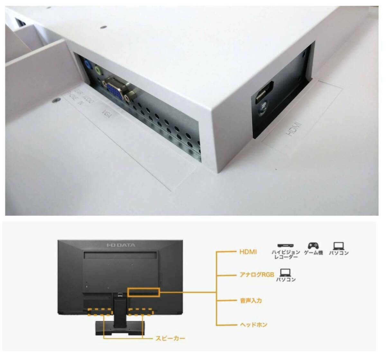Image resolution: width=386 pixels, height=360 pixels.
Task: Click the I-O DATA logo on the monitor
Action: click(121, 245)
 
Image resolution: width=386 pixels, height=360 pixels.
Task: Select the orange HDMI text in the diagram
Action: click(248, 252)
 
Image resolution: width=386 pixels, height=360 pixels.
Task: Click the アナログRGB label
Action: click(257, 275)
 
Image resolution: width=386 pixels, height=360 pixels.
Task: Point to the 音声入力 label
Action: click(251, 301)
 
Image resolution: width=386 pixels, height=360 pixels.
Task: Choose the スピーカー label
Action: click(170, 338)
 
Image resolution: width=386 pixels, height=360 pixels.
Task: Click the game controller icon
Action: click(313, 246)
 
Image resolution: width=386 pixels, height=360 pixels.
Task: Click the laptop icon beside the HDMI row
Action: click(338, 246)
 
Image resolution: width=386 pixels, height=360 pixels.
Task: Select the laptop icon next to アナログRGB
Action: click(286, 273)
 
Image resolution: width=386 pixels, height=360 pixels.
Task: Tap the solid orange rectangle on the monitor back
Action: click(143, 292)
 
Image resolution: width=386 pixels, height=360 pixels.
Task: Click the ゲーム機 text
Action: click(313, 253)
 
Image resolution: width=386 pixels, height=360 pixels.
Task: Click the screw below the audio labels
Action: click(57, 100)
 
